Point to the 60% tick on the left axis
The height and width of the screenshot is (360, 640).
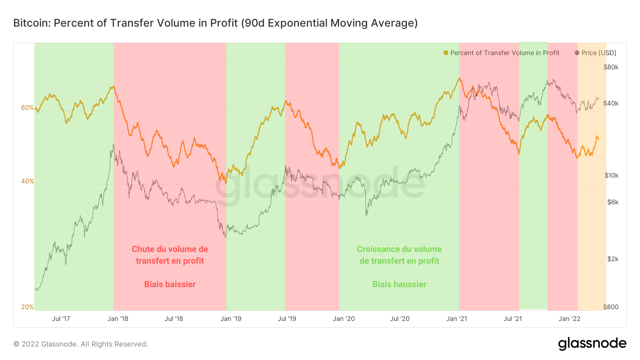(x=27, y=108)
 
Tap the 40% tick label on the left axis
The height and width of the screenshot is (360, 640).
(x=27, y=181)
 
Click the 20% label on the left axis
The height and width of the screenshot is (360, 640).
(x=27, y=307)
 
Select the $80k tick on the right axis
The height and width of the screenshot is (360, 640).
(x=611, y=67)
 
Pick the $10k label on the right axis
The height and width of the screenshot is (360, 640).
(x=611, y=176)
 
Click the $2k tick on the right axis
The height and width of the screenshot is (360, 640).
(x=613, y=259)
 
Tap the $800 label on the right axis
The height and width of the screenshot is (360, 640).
(x=610, y=307)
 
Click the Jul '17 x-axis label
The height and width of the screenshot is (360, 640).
(x=61, y=319)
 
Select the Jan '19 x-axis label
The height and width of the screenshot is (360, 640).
(x=231, y=319)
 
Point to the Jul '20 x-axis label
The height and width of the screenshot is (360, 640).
(x=400, y=319)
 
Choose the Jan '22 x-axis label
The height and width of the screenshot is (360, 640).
(x=569, y=319)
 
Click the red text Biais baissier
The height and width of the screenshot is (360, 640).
(x=170, y=284)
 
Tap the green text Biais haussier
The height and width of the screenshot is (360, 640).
(x=399, y=284)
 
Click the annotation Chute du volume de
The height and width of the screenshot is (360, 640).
(x=170, y=249)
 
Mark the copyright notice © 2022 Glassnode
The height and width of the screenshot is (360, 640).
(x=80, y=344)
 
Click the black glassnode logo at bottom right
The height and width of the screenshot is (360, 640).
(x=592, y=344)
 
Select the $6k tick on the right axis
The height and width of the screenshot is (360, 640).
(x=613, y=202)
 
